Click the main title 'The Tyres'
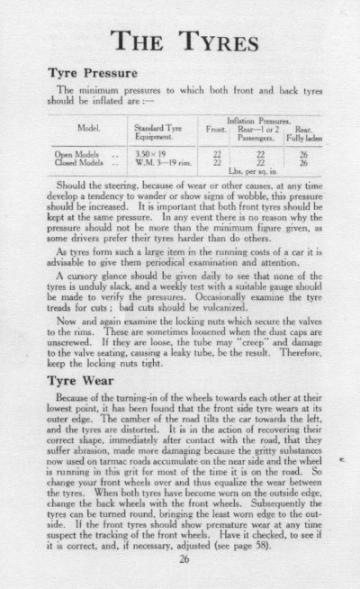pyautogui.click(x=180, y=41)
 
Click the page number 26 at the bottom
pyautogui.click(x=184, y=558)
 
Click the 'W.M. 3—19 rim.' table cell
pyautogui.click(x=158, y=163)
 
